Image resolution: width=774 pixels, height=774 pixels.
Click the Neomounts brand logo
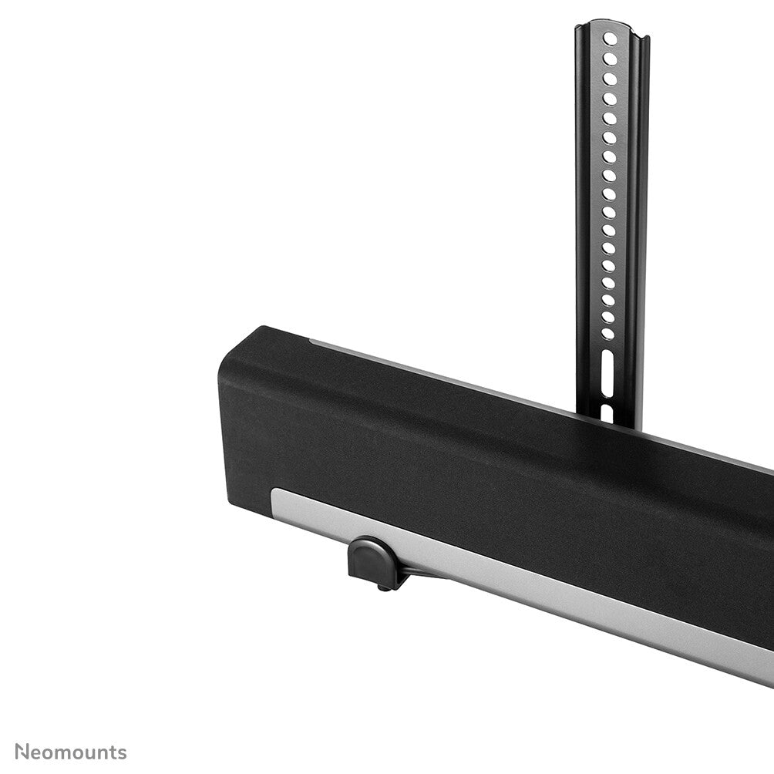[x=70, y=752]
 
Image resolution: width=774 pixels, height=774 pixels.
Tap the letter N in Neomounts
[x=22, y=752]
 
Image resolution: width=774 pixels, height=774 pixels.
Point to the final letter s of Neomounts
[x=122, y=753]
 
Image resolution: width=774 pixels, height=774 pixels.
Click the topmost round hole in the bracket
[x=611, y=39]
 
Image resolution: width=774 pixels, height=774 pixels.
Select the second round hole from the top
[x=611, y=59]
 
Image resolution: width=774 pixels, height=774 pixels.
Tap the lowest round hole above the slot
[x=607, y=334]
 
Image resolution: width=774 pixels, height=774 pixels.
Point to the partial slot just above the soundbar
[x=606, y=412]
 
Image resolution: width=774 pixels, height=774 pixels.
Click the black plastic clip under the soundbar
[x=372, y=562]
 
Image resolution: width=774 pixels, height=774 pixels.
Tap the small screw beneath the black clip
[x=382, y=588]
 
